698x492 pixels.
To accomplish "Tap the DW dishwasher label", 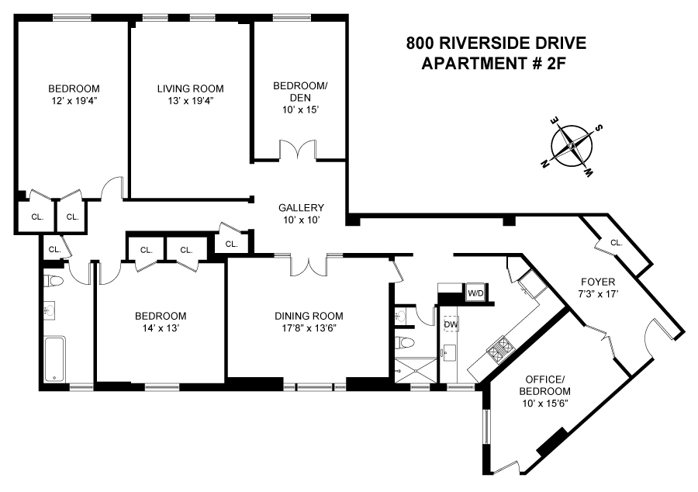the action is (450, 325).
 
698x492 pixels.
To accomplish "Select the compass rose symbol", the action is (572, 145).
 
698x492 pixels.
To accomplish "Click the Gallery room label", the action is (301, 208).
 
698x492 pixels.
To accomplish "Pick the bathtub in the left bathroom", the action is (55, 359).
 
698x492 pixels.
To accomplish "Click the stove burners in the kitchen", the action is (500, 347).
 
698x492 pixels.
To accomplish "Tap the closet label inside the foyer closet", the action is (616, 243).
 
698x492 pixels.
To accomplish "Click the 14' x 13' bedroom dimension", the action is (161, 329).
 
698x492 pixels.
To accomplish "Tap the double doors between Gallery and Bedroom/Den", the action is (299, 150).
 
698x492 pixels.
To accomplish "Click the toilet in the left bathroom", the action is (52, 280).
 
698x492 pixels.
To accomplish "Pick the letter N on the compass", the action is (546, 164).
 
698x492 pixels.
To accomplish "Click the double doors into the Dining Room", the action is (309, 265).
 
